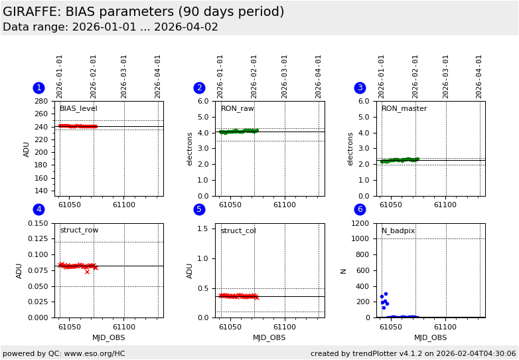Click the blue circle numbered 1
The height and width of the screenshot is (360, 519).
coord(38,88)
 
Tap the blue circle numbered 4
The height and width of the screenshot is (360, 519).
coord(38,210)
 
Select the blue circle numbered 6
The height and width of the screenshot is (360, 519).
coord(360,210)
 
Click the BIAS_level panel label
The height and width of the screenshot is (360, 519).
coord(78,109)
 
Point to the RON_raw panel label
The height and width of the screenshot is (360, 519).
coord(237,109)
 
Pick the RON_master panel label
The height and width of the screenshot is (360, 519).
coord(404,109)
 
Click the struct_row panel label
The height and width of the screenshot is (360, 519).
coord(79,230)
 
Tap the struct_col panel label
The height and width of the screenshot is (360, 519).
coord(238,231)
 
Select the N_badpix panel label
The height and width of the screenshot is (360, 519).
coord(398,231)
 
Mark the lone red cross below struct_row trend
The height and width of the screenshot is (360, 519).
coord(87,272)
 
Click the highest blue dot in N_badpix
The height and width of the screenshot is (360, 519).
coord(386,294)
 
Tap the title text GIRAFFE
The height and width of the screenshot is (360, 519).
coord(31,12)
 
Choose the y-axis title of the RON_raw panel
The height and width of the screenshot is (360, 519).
coord(190,149)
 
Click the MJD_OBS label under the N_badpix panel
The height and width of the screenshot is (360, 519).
coord(430,337)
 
